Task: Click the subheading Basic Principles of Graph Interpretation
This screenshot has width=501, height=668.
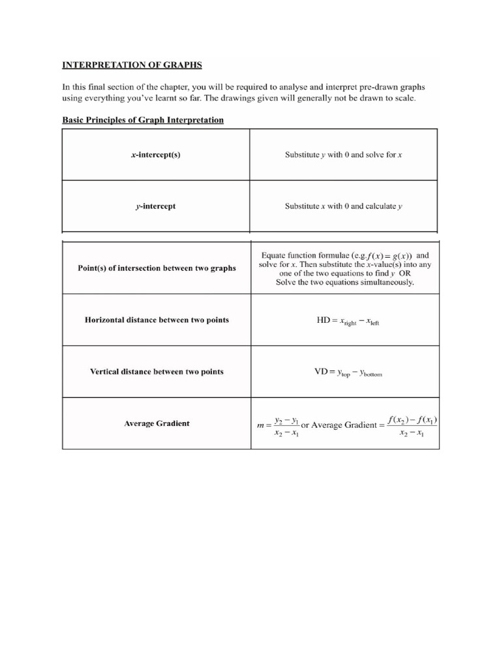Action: click(x=142, y=120)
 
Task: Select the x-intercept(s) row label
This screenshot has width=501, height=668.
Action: click(x=155, y=155)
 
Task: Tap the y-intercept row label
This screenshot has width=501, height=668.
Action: click(x=155, y=206)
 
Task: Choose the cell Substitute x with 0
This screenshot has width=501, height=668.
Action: click(x=344, y=206)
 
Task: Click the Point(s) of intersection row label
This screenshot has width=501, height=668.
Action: click(x=157, y=268)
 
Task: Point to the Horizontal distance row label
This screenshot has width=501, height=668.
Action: click(x=157, y=320)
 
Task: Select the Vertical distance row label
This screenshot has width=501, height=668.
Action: click(x=157, y=371)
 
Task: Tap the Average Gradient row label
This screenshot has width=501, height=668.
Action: click(x=157, y=423)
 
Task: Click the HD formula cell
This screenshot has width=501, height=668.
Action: click(x=344, y=320)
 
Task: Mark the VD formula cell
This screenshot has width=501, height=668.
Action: click(x=344, y=372)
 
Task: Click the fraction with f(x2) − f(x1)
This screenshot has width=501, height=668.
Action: click(x=412, y=425)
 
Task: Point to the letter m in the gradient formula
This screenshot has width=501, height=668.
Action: click(x=261, y=426)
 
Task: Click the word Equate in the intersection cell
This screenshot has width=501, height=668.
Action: click(x=274, y=255)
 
